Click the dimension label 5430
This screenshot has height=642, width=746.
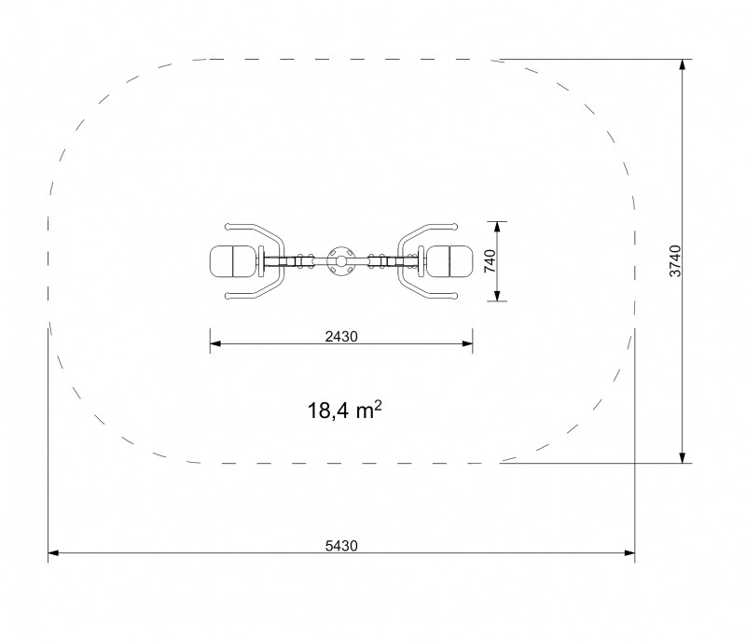tap(341, 545)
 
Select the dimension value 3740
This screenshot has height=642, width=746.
tap(675, 261)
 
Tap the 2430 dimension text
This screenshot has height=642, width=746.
tap(341, 337)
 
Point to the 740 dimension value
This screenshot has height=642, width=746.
tap(490, 261)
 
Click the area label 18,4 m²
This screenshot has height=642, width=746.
tap(344, 410)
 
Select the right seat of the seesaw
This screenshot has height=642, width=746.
tap(449, 261)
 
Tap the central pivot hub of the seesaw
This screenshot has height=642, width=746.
tap(341, 261)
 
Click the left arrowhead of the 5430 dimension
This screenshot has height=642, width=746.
tap(53, 553)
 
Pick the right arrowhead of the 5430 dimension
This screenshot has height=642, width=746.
tap(629, 553)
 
